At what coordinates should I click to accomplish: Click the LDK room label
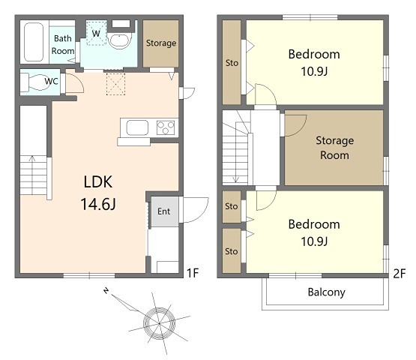coord(98,181)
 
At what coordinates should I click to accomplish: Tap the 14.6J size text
coord(98,204)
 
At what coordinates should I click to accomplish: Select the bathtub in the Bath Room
coord(34,42)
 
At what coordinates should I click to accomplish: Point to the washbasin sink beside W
coord(120,40)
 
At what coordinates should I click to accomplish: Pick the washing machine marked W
coord(96,33)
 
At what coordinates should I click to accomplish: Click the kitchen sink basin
coord(137,127)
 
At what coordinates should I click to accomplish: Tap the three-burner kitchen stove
coord(166,127)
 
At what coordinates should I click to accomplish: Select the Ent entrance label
coord(163,211)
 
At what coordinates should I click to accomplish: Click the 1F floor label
coord(193,273)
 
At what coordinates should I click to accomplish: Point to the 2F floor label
coord(399,274)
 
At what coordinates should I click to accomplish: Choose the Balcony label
coord(327,292)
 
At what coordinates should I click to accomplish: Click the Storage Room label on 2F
coord(334,148)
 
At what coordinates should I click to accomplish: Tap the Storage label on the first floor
coord(161,43)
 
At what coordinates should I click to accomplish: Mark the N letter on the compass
coord(106,291)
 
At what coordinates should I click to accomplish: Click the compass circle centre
coord(159,324)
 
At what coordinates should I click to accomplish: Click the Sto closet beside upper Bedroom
coord(232,63)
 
